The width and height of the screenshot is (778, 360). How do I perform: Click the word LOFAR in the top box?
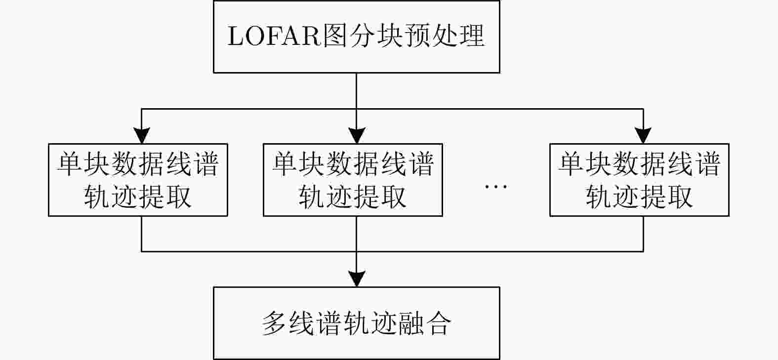[274, 36]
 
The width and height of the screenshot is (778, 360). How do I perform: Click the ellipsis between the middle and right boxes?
[496, 187]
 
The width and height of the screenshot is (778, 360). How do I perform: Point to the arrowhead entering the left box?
[142, 135]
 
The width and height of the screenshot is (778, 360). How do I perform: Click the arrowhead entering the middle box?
[357, 135]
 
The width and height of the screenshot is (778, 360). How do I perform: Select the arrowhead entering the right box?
[643, 135]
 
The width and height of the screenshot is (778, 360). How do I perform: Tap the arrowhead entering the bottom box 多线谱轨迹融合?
[357, 279]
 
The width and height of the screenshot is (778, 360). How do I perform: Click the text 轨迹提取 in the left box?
[138, 197]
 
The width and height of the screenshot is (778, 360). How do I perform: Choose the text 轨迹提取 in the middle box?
[353, 197]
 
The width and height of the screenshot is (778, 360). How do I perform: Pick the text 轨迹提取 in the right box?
[639, 197]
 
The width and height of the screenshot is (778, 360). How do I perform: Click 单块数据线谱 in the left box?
[138, 164]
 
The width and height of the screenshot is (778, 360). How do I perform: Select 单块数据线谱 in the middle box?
[353, 164]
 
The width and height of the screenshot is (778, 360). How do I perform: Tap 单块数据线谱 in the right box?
[639, 164]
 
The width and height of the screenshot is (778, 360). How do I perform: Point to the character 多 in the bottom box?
[274, 323]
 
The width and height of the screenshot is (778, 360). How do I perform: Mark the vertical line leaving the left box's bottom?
[142, 234]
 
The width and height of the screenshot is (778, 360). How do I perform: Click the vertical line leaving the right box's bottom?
[643, 234]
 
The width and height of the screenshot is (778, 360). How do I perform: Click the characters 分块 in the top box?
[376, 36]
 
